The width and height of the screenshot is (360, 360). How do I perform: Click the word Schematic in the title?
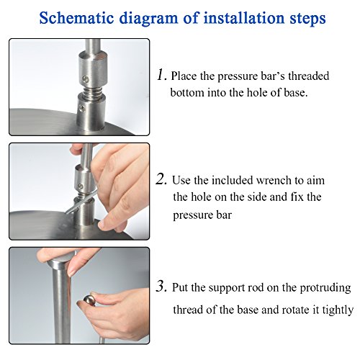coord(76,18)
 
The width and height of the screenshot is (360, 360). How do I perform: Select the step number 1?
coord(161,74)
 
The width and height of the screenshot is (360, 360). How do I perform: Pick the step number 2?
coord(161,179)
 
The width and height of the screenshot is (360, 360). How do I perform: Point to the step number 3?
coord(161,286)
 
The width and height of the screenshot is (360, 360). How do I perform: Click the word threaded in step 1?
coord(308,76)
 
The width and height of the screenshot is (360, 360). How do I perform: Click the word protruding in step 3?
coord(325,288)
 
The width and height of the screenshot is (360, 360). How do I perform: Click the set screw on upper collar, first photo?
coord(86,78)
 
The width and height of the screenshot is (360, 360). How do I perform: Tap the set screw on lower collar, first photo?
coord(82,108)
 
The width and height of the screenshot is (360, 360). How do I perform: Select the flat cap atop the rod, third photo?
coord(60,260)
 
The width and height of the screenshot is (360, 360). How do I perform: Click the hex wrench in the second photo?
coord(81,203)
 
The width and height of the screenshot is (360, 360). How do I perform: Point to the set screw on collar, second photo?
coord(81,186)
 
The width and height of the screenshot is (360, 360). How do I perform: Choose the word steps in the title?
coord(307,19)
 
